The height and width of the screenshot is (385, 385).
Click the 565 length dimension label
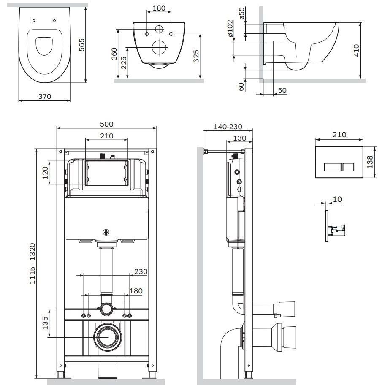tap(81, 45)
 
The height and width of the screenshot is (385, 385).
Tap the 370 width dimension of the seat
tap(45, 96)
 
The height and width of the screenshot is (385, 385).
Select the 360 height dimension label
tap(114, 54)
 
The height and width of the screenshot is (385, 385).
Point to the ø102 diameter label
tap(230, 28)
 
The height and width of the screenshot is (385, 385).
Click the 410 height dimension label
tap(356, 50)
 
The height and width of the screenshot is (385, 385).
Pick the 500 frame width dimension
tap(106, 124)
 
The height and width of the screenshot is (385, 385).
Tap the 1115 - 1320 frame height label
tap(33, 263)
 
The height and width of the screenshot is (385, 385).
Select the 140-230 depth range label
tap(228, 127)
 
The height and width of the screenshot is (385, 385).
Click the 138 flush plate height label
tap(370, 162)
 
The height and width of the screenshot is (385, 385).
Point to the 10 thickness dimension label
tap(338, 199)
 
